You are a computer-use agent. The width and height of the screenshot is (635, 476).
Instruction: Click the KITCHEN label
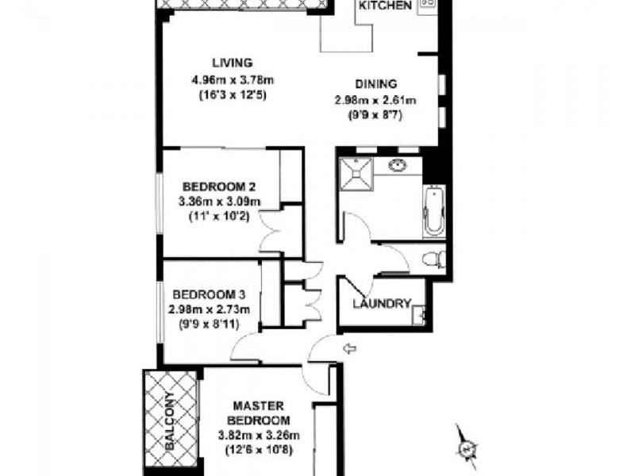pos(386,6)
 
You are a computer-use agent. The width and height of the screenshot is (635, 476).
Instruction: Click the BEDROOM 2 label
pos(214,187)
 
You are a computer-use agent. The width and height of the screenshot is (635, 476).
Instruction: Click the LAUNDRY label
pos(383,304)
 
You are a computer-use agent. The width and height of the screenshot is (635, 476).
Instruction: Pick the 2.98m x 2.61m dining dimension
pos(375,100)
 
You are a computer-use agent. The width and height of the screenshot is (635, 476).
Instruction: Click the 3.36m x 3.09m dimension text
pos(214,202)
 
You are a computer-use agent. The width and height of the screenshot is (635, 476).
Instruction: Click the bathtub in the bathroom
pos(434,211)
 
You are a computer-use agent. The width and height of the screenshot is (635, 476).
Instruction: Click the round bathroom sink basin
pos(397,166)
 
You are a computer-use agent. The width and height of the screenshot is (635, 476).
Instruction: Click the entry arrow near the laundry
pos(348,347)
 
